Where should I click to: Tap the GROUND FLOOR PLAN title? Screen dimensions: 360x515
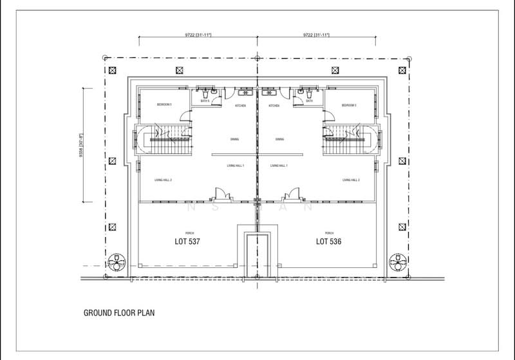[x=119, y=316]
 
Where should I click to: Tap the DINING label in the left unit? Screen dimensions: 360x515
[x=235, y=138]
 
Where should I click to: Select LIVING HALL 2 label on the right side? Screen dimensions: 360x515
[x=351, y=180]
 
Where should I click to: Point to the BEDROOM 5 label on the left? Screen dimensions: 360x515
[x=165, y=104]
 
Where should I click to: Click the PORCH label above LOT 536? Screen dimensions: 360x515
[x=329, y=232]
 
